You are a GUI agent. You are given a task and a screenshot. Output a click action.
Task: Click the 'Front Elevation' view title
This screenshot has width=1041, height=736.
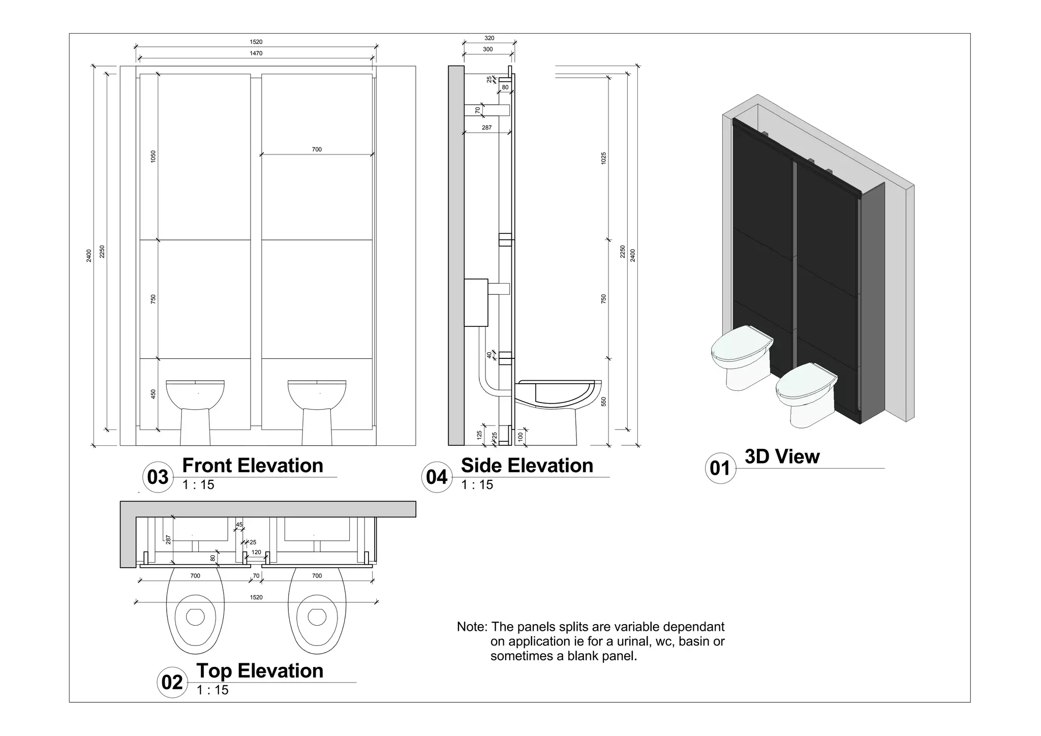pyautogui.click(x=252, y=466)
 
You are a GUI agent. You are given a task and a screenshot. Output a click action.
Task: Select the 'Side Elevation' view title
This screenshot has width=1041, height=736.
pyautogui.click(x=527, y=466)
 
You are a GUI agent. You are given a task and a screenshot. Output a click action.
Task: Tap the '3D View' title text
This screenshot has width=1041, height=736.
pyautogui.click(x=782, y=456)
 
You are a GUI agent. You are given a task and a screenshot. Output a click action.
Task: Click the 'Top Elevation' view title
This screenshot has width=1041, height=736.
pyautogui.click(x=259, y=671)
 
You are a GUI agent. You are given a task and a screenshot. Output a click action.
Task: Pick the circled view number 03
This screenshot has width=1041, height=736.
pyautogui.click(x=158, y=477)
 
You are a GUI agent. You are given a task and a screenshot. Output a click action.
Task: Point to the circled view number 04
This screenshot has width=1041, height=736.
pyautogui.click(x=437, y=477)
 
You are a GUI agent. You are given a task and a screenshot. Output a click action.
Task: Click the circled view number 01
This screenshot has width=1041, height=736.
pyautogui.click(x=720, y=468)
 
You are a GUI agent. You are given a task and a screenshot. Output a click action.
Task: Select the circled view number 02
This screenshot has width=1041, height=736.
pyautogui.click(x=172, y=682)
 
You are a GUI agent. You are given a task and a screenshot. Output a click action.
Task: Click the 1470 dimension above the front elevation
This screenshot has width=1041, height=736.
pyautogui.click(x=256, y=53)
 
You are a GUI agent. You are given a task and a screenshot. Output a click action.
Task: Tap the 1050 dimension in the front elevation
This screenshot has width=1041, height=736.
pyautogui.click(x=154, y=157)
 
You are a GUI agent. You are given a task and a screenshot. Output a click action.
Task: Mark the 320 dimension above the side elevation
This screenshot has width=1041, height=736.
pyautogui.click(x=489, y=38)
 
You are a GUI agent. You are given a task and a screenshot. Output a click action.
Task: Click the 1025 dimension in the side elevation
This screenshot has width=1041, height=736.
pyautogui.click(x=603, y=158)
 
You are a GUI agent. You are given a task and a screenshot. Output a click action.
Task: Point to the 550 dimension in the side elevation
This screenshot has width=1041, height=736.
pyautogui.click(x=603, y=402)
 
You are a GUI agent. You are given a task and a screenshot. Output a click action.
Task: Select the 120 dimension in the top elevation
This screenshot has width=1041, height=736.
pyautogui.click(x=256, y=552)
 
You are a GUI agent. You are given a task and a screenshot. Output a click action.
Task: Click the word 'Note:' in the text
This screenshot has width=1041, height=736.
pyautogui.click(x=472, y=627)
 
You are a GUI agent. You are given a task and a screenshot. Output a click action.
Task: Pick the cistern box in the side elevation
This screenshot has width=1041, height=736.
pyautogui.click(x=476, y=302)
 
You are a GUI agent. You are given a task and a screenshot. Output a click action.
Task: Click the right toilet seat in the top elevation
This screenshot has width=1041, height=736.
pyautogui.click(x=317, y=616)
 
